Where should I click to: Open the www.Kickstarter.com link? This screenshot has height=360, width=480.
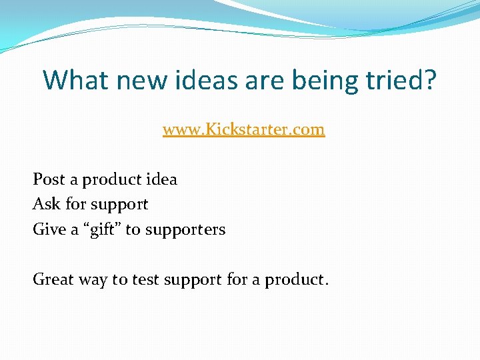coord(243,129)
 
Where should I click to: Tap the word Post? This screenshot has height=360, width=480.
coord(48,179)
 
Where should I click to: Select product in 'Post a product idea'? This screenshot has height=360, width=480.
coord(111,180)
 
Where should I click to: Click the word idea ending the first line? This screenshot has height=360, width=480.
coord(162,179)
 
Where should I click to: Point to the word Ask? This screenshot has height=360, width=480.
coord(47,204)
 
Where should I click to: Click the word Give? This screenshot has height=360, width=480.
coord(49,229)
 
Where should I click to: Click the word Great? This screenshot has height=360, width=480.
coord(53,279)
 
